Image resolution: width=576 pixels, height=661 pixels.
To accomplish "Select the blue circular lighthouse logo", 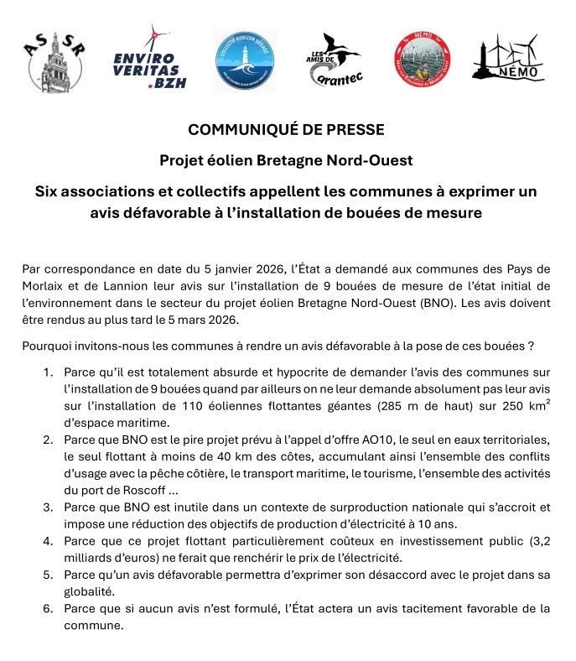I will [244, 60].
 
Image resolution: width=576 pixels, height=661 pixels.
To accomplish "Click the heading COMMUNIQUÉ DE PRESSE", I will [287, 130].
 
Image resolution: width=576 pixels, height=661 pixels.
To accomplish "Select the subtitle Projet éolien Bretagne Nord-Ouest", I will [287, 160].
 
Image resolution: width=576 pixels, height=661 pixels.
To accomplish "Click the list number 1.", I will [47, 372].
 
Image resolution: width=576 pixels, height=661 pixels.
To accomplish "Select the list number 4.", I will [47, 541].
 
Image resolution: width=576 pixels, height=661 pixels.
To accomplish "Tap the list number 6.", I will [47, 608].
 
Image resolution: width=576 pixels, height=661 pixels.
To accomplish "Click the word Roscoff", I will [135, 489].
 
